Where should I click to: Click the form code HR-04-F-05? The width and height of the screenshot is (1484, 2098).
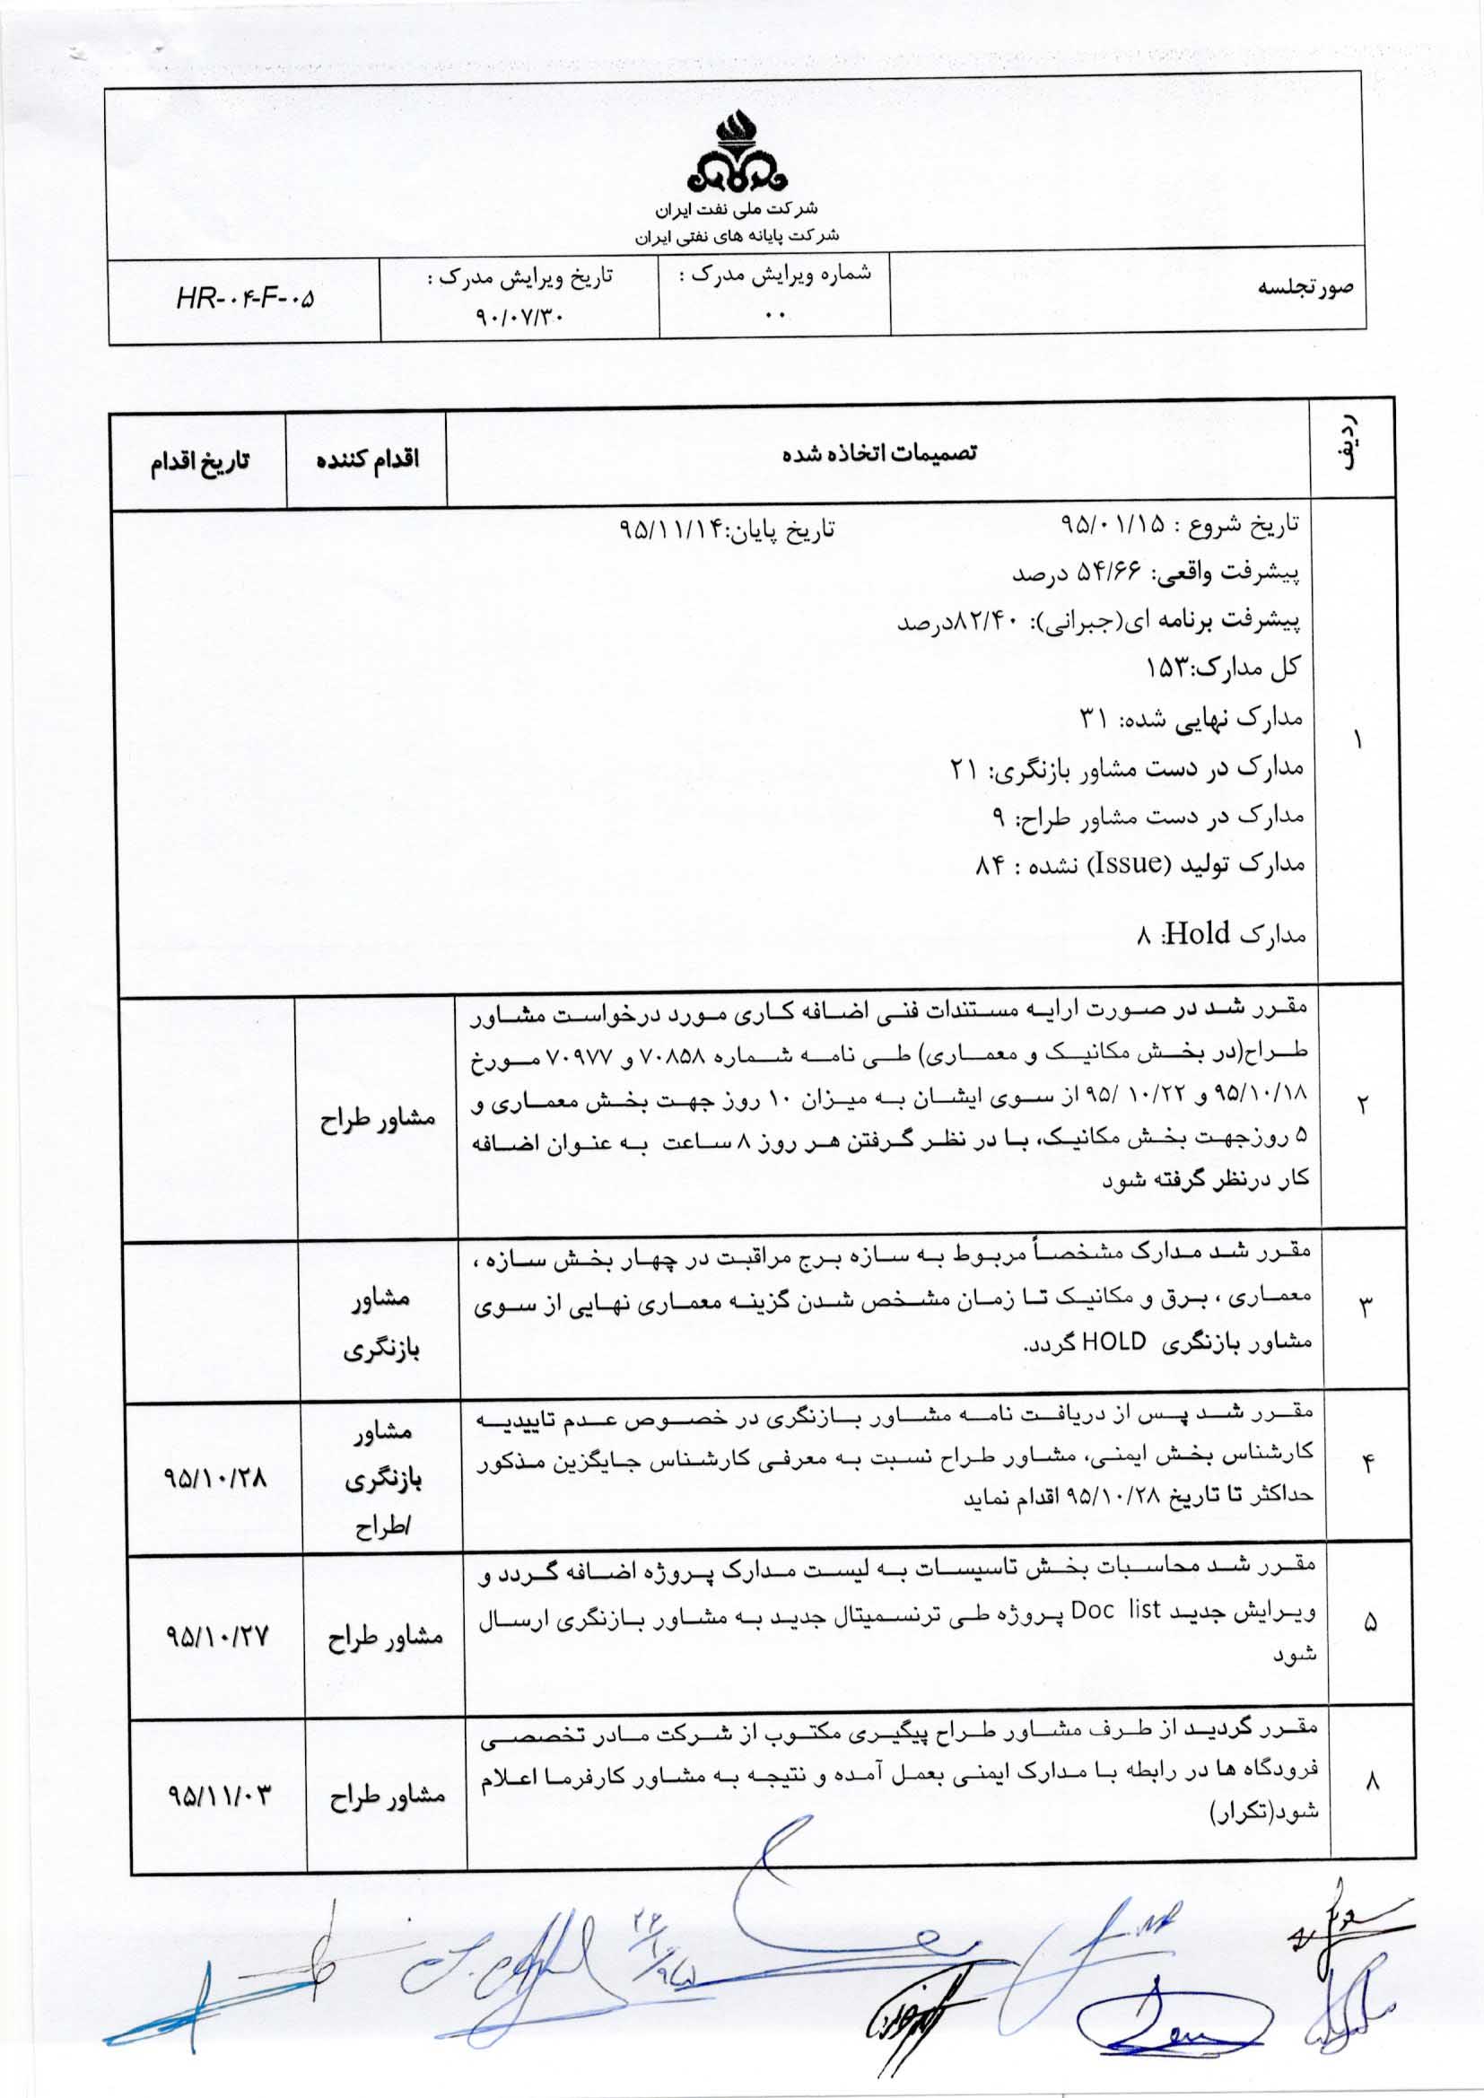click(x=244, y=298)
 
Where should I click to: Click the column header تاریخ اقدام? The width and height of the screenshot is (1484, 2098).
click(x=200, y=459)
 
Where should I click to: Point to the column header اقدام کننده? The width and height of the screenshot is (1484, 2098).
click(x=367, y=459)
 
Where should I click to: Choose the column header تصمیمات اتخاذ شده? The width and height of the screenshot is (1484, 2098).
click(x=881, y=452)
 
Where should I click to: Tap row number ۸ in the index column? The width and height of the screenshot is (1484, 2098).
click(x=1371, y=1781)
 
